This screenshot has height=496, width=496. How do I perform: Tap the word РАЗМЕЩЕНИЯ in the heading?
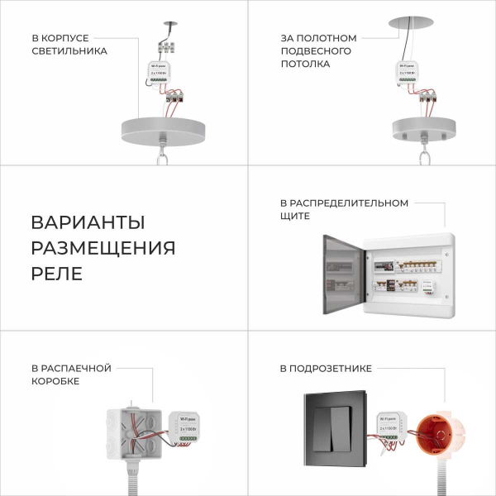point(103,248)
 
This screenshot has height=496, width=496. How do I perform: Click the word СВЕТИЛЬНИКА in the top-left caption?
point(69,50)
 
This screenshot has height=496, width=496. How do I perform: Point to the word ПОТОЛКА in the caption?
point(303,63)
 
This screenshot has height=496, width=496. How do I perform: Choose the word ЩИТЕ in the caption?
point(294,216)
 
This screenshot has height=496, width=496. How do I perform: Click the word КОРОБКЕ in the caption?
point(55,381)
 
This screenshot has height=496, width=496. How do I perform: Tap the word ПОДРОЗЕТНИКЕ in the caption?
point(325,369)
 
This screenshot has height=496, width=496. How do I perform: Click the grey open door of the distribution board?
point(340,273)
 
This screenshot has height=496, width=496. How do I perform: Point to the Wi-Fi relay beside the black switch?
point(389,426)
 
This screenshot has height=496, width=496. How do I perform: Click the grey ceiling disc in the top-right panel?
point(414,21)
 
